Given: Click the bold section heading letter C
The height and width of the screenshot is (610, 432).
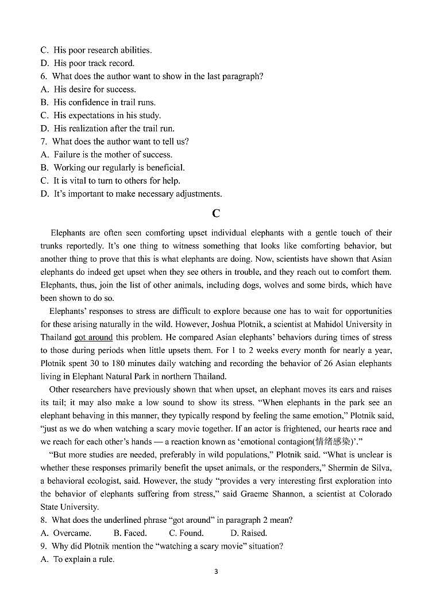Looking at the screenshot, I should (x=216, y=213).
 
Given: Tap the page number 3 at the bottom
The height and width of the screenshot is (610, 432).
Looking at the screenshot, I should (x=216, y=572).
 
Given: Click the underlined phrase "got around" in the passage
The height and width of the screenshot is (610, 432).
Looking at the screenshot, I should (x=93, y=337).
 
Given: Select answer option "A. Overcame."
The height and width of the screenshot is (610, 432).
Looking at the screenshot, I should (x=66, y=533).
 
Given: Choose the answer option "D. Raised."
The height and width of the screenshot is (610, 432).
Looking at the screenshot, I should (x=248, y=533).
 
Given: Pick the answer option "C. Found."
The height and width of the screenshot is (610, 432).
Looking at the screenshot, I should (x=186, y=533).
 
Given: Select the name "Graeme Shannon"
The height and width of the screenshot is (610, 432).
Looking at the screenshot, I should (x=281, y=494).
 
